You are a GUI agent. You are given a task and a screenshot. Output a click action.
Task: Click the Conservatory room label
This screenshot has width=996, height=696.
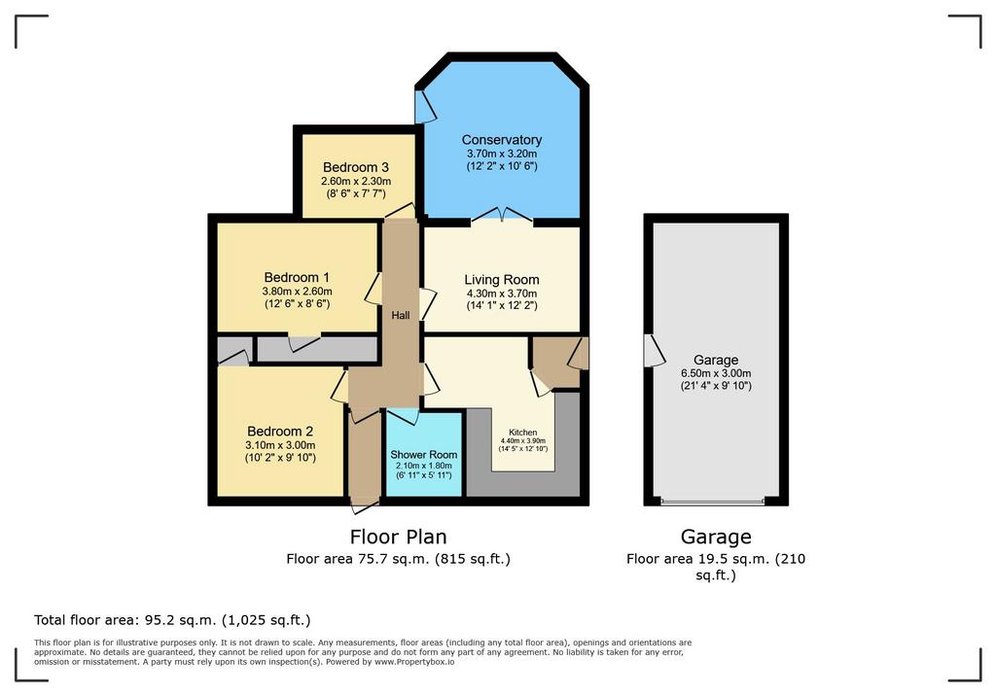tap(501, 140)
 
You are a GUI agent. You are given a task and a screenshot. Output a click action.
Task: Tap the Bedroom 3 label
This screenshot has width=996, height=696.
tap(356, 167)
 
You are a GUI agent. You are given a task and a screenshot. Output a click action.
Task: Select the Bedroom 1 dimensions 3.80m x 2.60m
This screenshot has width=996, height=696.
tap(298, 292)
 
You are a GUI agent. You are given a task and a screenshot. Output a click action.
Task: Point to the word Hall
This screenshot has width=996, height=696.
tap(400, 315)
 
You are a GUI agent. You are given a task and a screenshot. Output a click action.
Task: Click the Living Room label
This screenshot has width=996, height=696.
tap(501, 279)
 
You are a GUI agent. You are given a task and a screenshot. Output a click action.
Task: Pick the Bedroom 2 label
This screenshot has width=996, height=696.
tap(280, 432)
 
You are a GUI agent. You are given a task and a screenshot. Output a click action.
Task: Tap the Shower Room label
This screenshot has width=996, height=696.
tap(424, 455)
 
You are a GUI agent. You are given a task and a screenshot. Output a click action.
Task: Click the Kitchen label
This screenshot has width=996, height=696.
tap(522, 433)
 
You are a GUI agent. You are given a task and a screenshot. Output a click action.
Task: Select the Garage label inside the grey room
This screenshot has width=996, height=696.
tap(715, 360)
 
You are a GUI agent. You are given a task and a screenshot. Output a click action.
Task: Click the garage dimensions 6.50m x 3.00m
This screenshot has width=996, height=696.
tap(715, 373)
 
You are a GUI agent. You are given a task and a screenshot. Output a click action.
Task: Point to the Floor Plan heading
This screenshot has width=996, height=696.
tap(398, 537)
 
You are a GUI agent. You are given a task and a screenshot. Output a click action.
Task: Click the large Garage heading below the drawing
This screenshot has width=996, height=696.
tap(716, 537)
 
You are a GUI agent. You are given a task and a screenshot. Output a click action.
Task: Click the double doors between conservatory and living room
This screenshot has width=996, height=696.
tap(502, 215)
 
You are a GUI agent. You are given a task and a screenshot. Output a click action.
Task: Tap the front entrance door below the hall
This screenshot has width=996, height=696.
tap(365, 506)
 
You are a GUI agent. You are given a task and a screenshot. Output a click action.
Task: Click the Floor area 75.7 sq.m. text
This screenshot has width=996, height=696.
tap(358, 559)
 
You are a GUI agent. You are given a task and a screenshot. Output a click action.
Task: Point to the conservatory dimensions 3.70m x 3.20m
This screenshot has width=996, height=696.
tap(502, 154)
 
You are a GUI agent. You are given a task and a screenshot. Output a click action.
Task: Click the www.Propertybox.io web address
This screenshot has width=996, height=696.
tap(414, 662)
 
